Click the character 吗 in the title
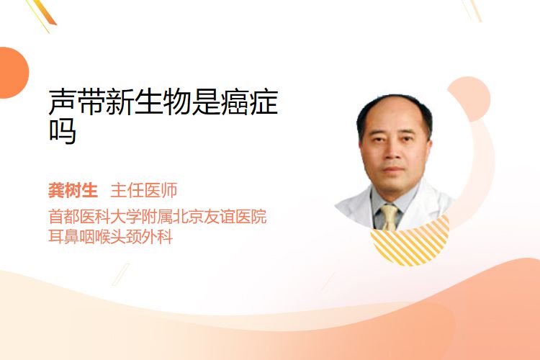[63, 131]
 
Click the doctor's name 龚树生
[73, 191]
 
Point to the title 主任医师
[143, 191]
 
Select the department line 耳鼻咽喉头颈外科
[111, 237]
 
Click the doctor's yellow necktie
[390, 217]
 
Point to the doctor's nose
[392, 153]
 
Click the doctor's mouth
[393, 170]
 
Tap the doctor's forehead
[394, 116]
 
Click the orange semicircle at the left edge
[13, 73]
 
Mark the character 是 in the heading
[206, 102]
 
